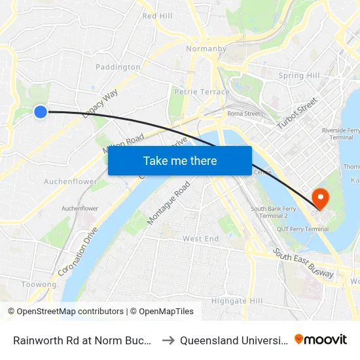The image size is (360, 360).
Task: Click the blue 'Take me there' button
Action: [x=180, y=160]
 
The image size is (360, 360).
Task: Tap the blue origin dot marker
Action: [x=41, y=112]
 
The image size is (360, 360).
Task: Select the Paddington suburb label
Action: [x=118, y=67]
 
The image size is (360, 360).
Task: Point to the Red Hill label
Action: [x=157, y=16]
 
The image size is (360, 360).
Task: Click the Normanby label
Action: [x=206, y=49]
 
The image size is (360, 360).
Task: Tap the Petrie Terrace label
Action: [x=202, y=92]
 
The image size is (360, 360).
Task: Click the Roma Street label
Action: [x=243, y=113]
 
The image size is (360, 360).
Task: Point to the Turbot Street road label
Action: [x=297, y=113]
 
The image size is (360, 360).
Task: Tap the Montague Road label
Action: [x=168, y=203]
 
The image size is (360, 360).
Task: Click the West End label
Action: [x=200, y=239]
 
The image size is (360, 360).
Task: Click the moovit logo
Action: [x=321, y=340]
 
